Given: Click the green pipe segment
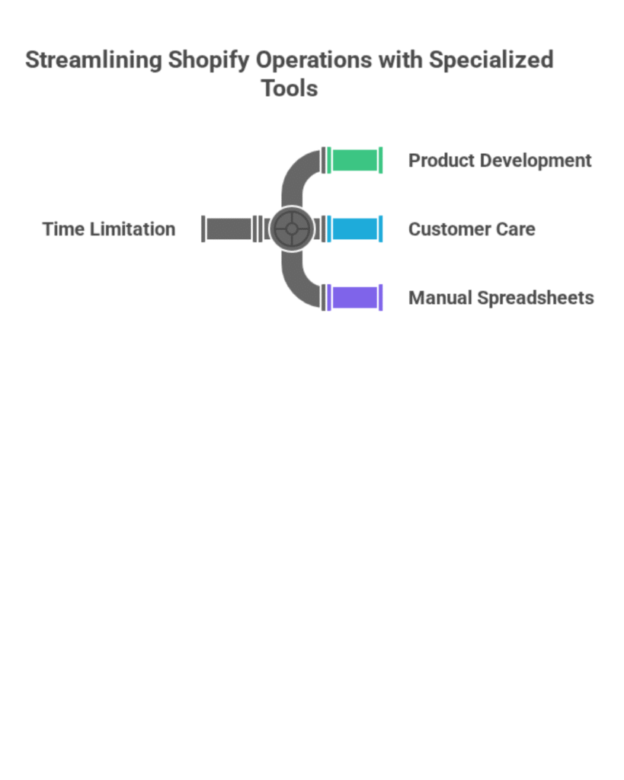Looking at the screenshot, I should (x=355, y=161).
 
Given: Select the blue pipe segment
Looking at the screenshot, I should (x=355, y=229).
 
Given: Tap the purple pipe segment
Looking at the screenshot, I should (x=355, y=298).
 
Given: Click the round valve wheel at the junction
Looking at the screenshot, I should (x=292, y=229).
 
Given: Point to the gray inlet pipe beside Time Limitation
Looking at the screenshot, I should (x=229, y=229).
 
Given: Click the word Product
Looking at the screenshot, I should (x=437, y=161).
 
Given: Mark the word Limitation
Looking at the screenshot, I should (x=133, y=229).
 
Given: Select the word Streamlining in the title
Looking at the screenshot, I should (x=94, y=60).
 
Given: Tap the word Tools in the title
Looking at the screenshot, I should (x=290, y=88).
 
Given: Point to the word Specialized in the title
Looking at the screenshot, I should (x=491, y=60).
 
